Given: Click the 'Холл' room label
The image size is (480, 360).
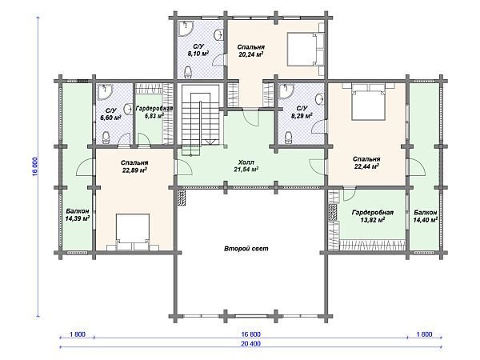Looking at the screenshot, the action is pyautogui.click(x=246, y=162).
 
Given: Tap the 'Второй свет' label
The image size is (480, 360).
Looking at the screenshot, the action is pyautogui.click(x=246, y=249).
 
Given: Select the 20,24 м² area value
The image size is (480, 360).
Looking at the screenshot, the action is pyautogui.click(x=250, y=54).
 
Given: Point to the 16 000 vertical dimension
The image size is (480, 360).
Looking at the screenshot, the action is pyautogui.click(x=35, y=166).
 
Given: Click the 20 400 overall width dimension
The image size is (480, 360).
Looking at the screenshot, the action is pyautogui.click(x=250, y=343).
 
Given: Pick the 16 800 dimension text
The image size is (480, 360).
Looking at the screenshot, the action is pyautogui.click(x=250, y=334).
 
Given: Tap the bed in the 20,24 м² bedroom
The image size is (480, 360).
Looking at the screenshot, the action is pyautogui.click(x=306, y=49).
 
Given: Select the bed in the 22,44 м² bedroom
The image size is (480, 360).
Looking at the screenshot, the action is pyautogui.click(x=368, y=102).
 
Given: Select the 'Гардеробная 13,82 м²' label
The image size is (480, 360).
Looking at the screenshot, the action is pyautogui.click(x=373, y=216).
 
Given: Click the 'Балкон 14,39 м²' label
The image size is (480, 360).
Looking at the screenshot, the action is pyautogui.click(x=78, y=214).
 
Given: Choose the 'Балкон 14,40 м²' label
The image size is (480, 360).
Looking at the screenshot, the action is pyautogui.click(x=426, y=216).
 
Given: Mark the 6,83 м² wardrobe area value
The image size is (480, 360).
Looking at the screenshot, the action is pyautogui.click(x=154, y=116).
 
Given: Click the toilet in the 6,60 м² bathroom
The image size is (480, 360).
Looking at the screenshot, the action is pyautogui.click(x=106, y=138).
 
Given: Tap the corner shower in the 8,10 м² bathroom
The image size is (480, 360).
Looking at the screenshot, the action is pyautogui.click(x=186, y=29).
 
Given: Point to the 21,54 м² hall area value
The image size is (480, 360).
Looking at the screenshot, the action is pyautogui.click(x=246, y=170).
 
